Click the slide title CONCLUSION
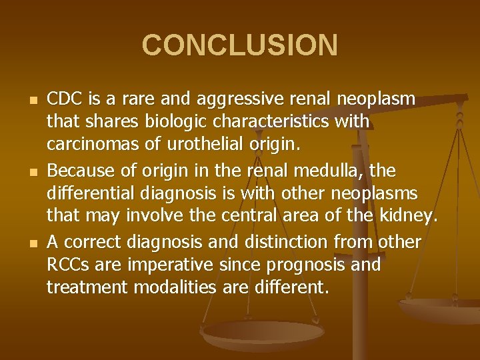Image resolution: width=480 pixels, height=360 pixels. pyautogui.click(x=240, y=45)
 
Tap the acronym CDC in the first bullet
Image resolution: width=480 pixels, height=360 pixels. pyautogui.click(x=63, y=99)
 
